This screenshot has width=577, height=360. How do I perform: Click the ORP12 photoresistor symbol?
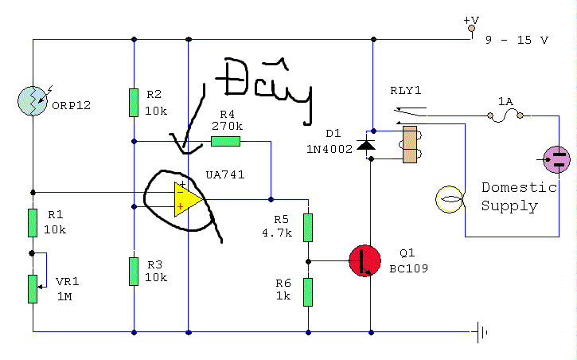coord(33,100)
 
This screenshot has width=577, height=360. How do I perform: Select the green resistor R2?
coord(134,103)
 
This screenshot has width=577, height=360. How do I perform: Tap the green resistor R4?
coord(225,142)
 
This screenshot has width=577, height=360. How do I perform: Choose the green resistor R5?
coord(308,227)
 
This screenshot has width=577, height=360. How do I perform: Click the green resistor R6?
coord(308,292)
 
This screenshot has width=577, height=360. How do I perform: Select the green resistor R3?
coord(134,272)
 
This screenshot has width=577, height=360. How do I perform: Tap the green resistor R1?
coord(33,223)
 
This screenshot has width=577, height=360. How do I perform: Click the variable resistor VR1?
coord(33,288)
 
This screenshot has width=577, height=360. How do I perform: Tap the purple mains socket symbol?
coord(556,160)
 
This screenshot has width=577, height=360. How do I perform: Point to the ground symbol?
coord(481,331)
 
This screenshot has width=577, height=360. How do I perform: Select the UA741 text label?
coord(224,174)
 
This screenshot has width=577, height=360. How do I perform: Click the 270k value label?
coord(228,126)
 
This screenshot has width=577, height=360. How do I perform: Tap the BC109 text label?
coord(408,268)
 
